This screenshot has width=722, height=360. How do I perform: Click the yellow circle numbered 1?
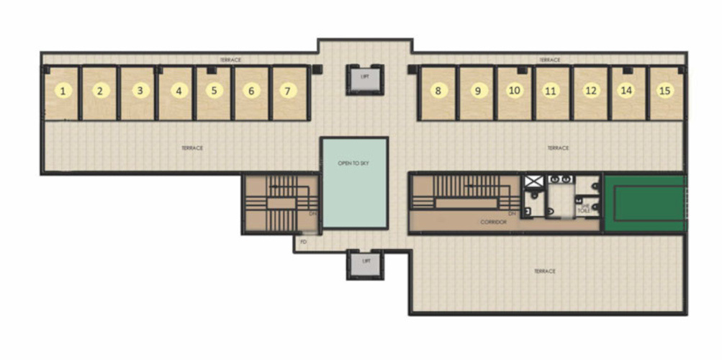[x=63, y=91]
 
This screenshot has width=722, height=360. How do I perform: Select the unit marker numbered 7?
[x=287, y=91]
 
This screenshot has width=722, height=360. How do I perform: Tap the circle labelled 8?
[x=437, y=91]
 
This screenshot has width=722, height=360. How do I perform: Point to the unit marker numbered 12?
[x=590, y=91]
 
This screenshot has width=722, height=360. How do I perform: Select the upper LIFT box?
[x=365, y=78]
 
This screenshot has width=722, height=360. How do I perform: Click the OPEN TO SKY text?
[x=354, y=163]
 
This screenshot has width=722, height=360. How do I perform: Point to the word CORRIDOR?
[x=494, y=222]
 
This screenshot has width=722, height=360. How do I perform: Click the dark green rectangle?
[x=643, y=203]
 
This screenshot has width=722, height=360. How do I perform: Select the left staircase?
[x=280, y=204]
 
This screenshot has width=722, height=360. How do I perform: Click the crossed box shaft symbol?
[x=533, y=182]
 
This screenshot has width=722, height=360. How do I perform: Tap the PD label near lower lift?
[x=304, y=243]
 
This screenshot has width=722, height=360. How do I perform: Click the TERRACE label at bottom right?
[x=545, y=271]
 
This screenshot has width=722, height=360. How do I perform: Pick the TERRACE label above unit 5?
[x=230, y=60]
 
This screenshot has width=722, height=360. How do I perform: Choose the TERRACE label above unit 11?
[x=550, y=60]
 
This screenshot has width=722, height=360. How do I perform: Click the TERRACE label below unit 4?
[x=192, y=148]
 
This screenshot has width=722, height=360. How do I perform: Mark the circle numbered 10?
[x=513, y=91]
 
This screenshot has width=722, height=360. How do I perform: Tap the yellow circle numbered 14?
[x=627, y=91]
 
